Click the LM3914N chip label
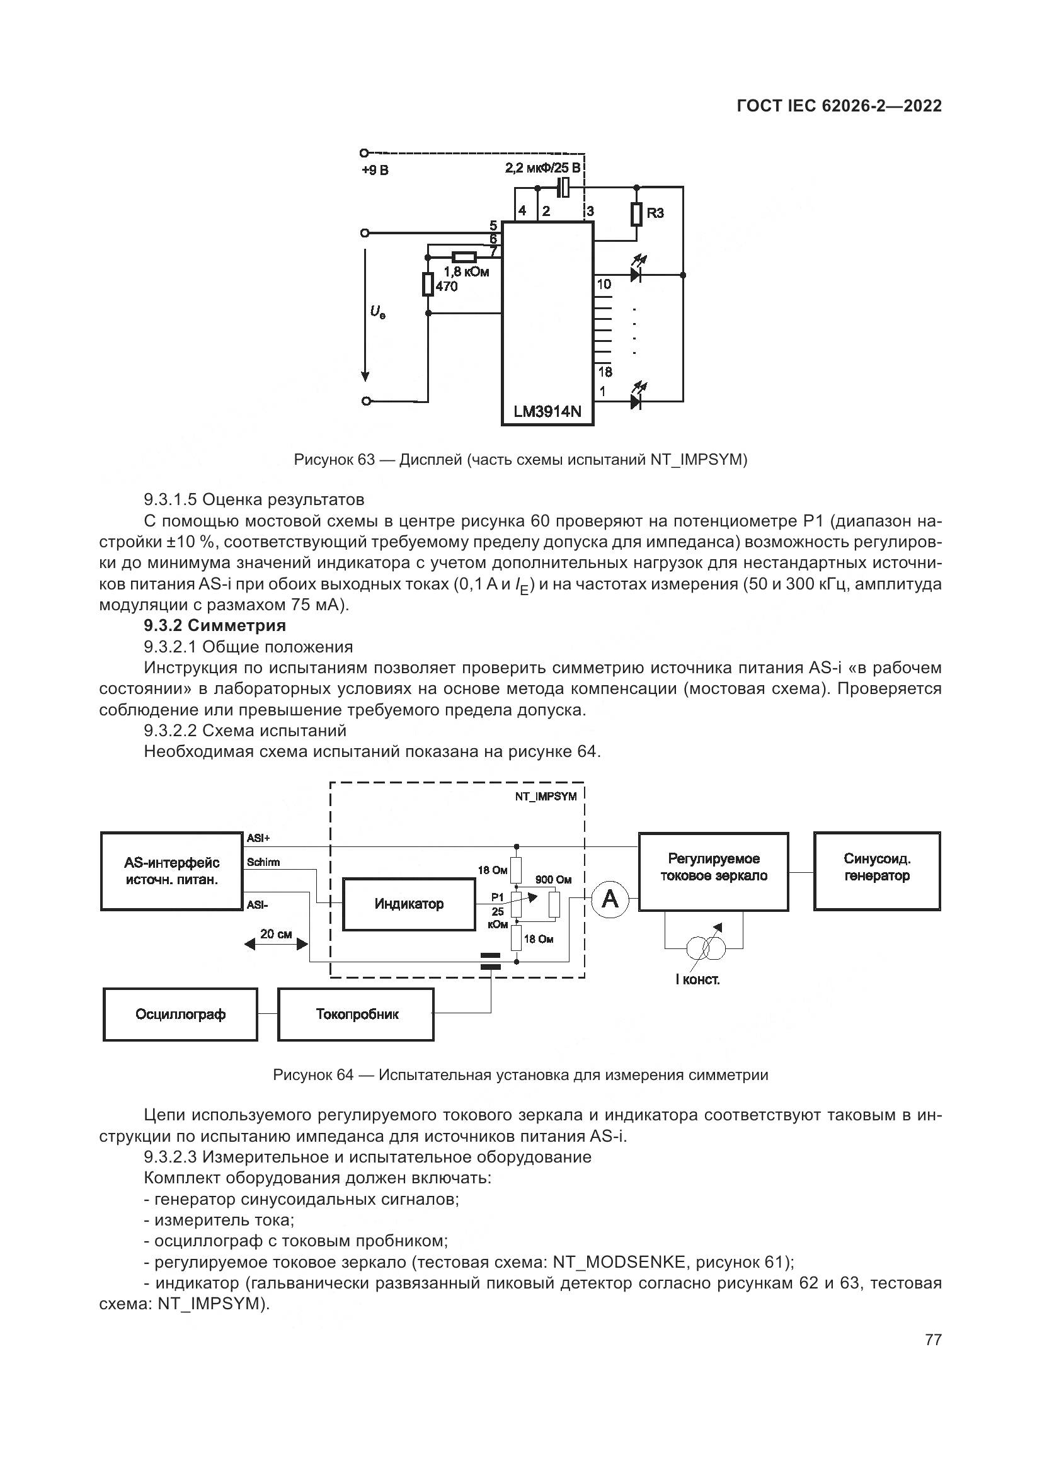click(547, 411)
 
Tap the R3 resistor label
click(655, 213)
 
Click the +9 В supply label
click(375, 171)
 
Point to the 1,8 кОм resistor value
click(466, 271)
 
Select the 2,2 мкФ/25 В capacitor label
click(543, 169)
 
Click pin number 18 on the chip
click(605, 372)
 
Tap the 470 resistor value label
click(447, 287)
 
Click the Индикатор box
click(409, 904)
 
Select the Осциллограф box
click(180, 1015)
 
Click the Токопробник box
click(356, 1015)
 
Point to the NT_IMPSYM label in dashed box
click(546, 797)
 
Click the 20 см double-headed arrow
click(276, 945)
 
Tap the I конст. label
click(697, 980)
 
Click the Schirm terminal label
click(263, 862)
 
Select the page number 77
click(933, 1339)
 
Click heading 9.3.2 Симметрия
click(214, 625)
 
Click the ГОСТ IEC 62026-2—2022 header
click(839, 106)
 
